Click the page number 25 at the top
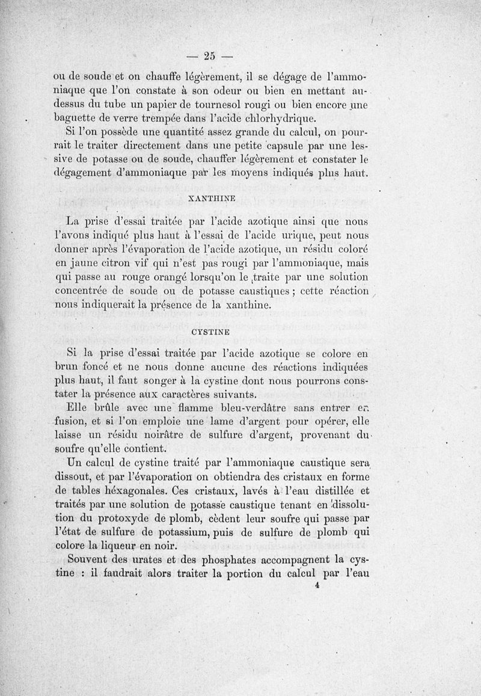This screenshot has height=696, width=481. (209, 57)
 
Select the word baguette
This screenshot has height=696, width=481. (76, 119)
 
